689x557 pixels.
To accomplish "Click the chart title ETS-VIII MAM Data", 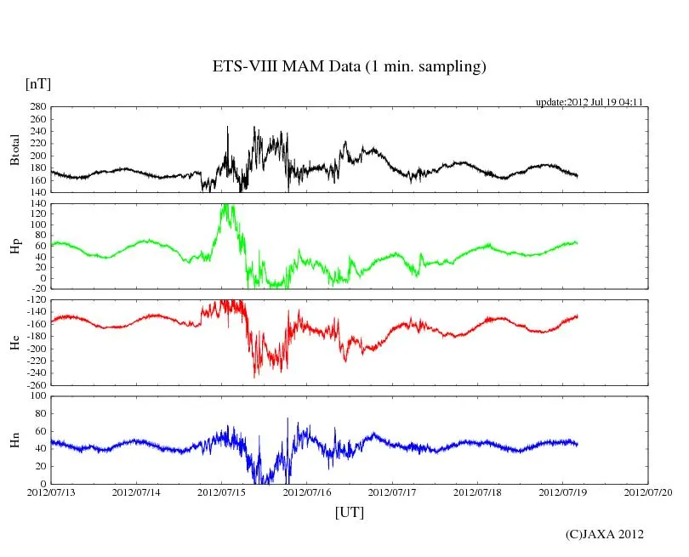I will point(349,67).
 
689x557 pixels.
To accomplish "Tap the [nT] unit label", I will point(37,83).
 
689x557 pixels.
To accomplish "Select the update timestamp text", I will point(589,102).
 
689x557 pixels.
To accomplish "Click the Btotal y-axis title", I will point(14,150).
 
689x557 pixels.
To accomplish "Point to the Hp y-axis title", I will point(14,247).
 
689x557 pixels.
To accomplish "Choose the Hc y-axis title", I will point(14,344).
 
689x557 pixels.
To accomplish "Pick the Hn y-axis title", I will point(14,440).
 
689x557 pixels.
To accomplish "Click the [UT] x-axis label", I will point(349,512).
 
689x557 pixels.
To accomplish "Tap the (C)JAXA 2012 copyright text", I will point(605,534).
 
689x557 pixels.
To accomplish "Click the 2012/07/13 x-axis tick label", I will point(51,492).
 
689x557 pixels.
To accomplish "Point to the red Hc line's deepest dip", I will point(254,377).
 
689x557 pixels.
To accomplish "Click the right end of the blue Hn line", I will point(578,444).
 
